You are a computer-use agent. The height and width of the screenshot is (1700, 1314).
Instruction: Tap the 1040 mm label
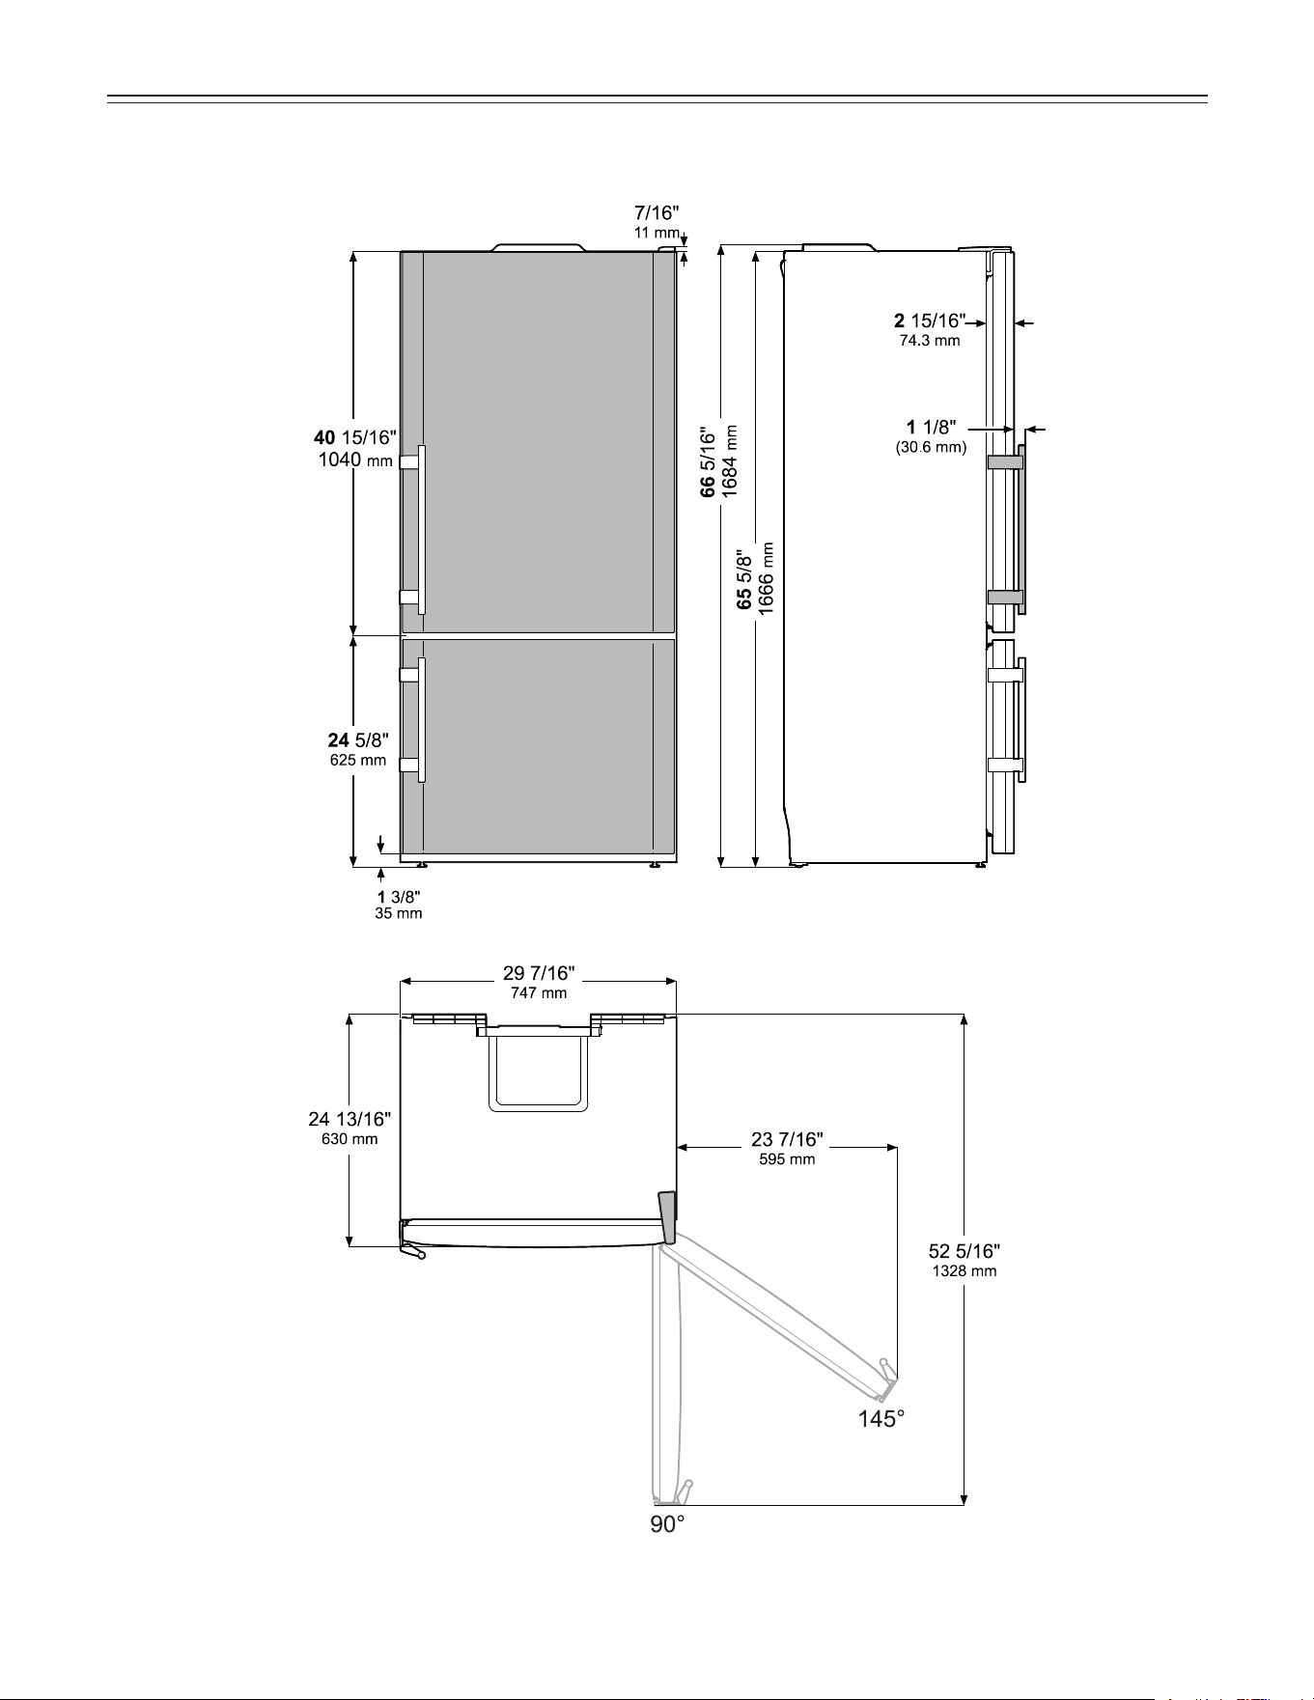(355, 460)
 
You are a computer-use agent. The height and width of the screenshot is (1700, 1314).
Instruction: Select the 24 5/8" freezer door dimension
(358, 740)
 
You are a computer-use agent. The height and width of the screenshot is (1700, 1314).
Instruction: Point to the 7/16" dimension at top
(657, 211)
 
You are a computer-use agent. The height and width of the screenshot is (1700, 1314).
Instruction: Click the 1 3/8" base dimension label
(399, 897)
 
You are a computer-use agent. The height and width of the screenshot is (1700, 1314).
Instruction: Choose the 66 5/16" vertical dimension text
(710, 462)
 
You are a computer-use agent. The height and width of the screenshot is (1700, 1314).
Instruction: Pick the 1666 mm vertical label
(767, 577)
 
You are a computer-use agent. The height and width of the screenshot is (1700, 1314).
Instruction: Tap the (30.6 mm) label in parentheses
(931, 447)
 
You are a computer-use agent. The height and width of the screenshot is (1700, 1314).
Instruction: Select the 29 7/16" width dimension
(539, 973)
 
